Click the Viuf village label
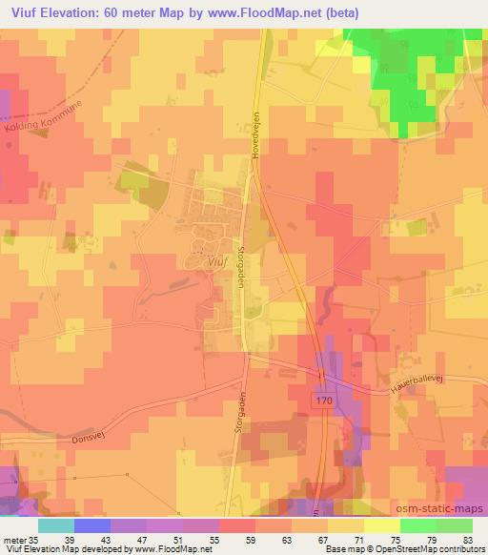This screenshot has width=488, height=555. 217,257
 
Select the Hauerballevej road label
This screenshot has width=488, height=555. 418,380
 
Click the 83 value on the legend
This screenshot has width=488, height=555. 466,539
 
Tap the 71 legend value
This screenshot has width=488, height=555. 357,539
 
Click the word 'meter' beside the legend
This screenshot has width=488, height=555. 12,539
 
